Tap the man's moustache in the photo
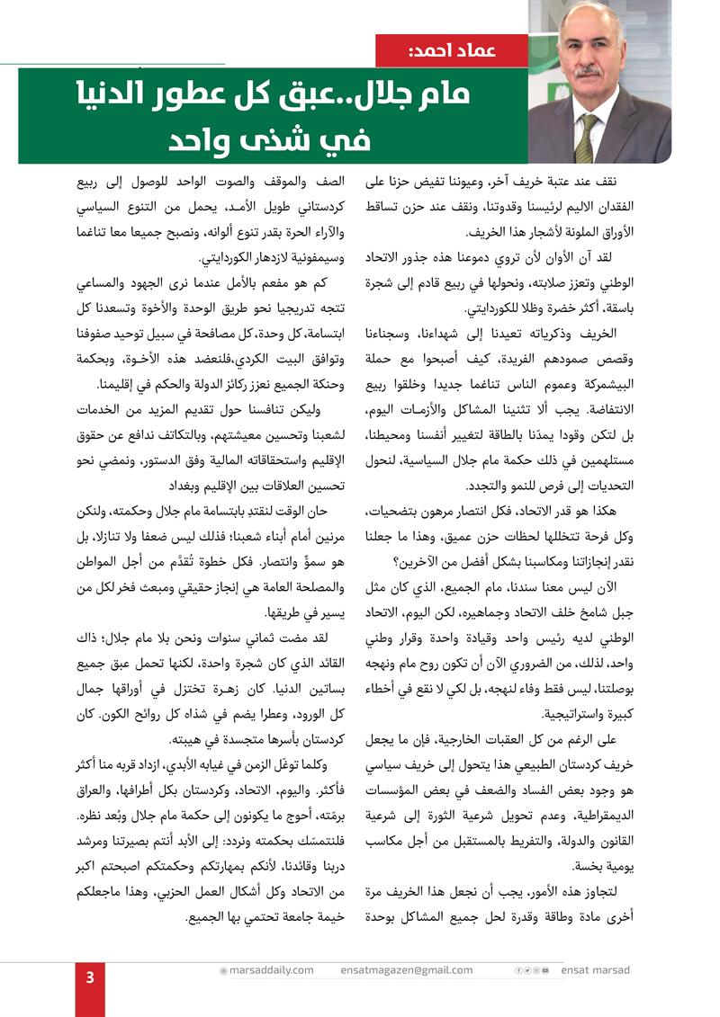(x=589, y=69)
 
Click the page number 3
(x=90, y=978)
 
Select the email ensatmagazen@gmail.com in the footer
(x=407, y=970)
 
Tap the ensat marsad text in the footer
(x=595, y=970)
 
